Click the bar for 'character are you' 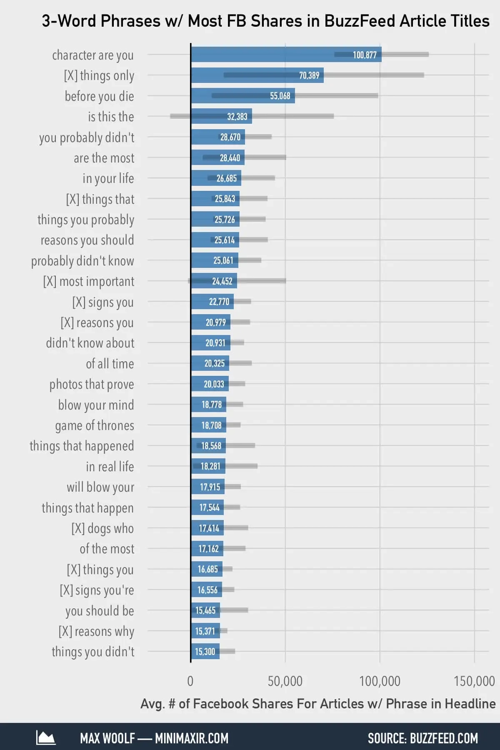pyautogui.click(x=286, y=55)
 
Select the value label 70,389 pyautogui.click(x=309, y=75)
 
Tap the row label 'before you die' pyautogui.click(x=99, y=96)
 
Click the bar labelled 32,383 pyautogui.click(x=221, y=116)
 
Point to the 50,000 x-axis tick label pyautogui.click(x=285, y=681)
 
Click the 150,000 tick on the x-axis pyautogui.click(x=474, y=681)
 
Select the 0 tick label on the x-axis pyautogui.click(x=190, y=681)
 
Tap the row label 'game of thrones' pyautogui.click(x=95, y=425)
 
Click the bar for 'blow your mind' pyautogui.click(x=208, y=405)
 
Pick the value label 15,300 pyautogui.click(x=205, y=652)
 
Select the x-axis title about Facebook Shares pyautogui.click(x=318, y=704)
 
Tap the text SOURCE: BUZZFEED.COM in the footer pyautogui.click(x=422, y=738)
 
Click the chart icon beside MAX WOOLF pyautogui.click(x=45, y=738)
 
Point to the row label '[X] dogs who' pyautogui.click(x=102, y=528)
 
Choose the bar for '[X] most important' pyautogui.click(x=214, y=281)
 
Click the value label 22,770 pyautogui.click(x=219, y=302)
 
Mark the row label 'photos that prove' pyautogui.click(x=92, y=384)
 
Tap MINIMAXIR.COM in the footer pyautogui.click(x=192, y=738)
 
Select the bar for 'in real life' pyautogui.click(x=208, y=466)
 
